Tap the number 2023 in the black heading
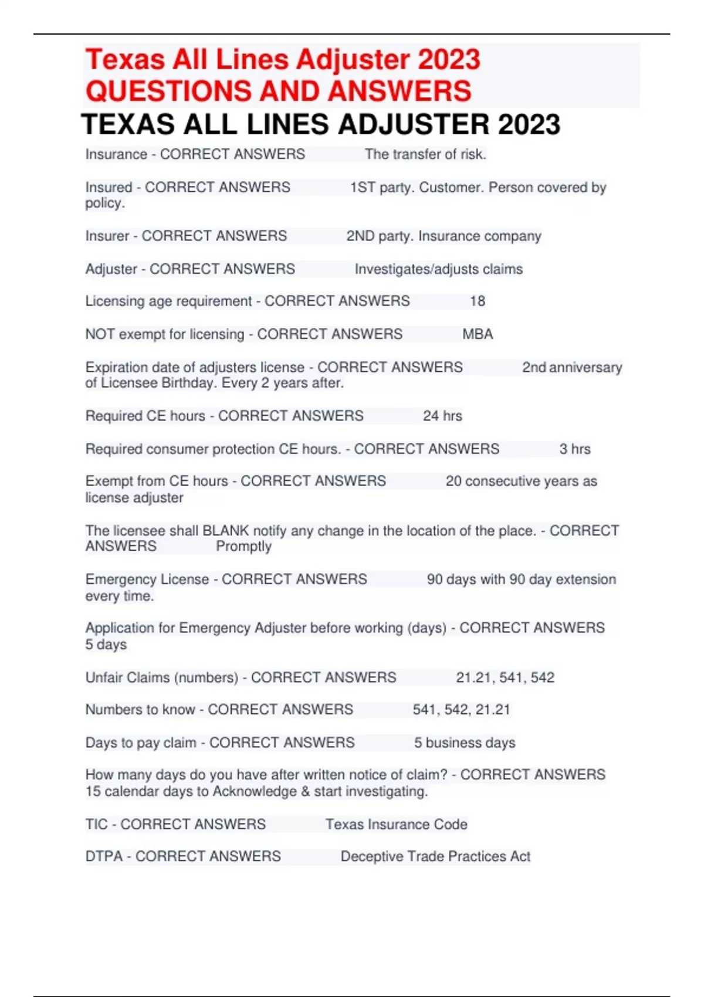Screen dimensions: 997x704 (x=529, y=124)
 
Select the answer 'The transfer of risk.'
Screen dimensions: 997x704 (x=425, y=154)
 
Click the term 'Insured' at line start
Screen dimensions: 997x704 (x=109, y=187)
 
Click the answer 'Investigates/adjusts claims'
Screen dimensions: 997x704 (x=438, y=269)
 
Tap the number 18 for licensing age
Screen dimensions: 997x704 (x=478, y=301)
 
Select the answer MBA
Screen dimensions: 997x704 (x=478, y=334)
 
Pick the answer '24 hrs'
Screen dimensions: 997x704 (x=442, y=416)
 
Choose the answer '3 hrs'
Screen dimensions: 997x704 (x=574, y=449)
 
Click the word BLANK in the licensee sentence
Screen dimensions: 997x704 (x=226, y=531)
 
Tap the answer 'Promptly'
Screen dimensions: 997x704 (x=243, y=547)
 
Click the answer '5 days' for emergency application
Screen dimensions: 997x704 (x=106, y=645)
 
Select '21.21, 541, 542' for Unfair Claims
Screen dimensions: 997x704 (x=505, y=677)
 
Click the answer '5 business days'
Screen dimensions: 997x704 (x=465, y=742)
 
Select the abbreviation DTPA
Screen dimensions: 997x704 (x=104, y=856)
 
